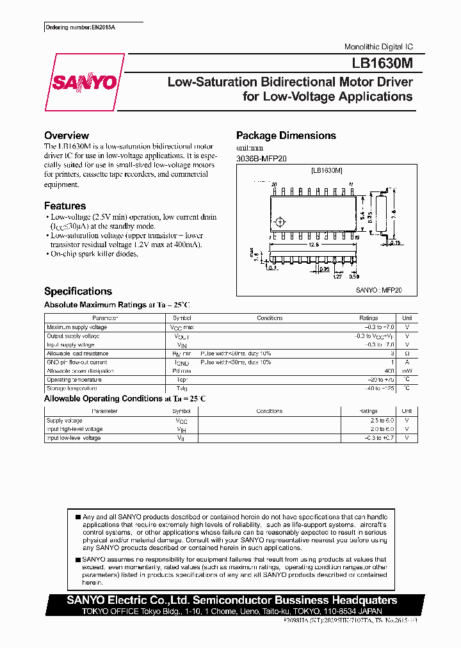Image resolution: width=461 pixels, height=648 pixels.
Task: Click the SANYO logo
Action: (x=84, y=82)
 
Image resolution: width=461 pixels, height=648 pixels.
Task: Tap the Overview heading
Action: (x=66, y=136)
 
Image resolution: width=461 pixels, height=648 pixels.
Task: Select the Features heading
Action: (x=65, y=206)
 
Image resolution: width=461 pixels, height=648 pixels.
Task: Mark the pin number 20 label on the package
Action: (x=274, y=184)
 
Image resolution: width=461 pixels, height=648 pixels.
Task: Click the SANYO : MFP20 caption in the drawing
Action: (x=378, y=290)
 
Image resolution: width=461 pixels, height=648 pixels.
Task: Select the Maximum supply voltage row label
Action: (x=77, y=327)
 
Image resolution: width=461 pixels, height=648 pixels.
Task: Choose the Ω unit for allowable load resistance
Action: (x=407, y=353)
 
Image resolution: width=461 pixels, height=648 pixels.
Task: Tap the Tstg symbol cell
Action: (x=182, y=389)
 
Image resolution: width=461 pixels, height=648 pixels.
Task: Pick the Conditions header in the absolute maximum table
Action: (x=270, y=318)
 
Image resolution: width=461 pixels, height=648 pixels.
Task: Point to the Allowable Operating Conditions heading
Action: (x=125, y=399)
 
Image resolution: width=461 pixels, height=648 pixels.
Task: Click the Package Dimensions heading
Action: (x=286, y=136)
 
